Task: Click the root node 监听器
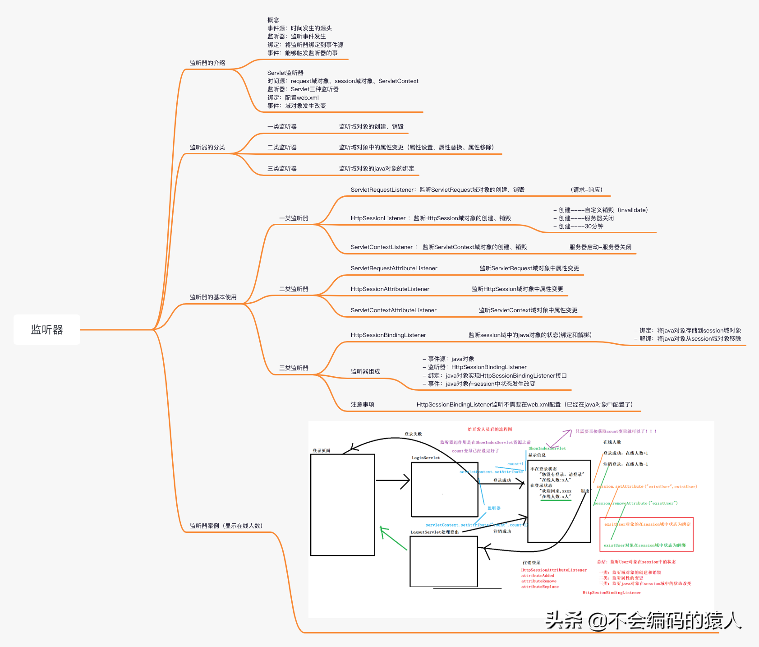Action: pyautogui.click(x=47, y=330)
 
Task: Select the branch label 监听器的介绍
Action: pyautogui.click(x=207, y=63)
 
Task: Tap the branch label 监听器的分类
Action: pyautogui.click(x=207, y=148)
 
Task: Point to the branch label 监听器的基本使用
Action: pyautogui.click(x=213, y=297)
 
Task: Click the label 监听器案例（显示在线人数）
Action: pyautogui.click(x=226, y=526)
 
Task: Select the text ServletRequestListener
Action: pyautogui.click(x=382, y=190)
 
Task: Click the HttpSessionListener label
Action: pyautogui.click(x=378, y=218)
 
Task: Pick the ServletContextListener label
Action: pyautogui.click(x=382, y=247)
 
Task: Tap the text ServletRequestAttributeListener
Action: pyautogui.click(x=394, y=268)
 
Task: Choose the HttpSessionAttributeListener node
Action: pyautogui.click(x=390, y=289)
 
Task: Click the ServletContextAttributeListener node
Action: pyautogui.click(x=393, y=310)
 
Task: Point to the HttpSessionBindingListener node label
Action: pyautogui.click(x=388, y=335)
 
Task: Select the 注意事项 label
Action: pyautogui.click(x=363, y=405)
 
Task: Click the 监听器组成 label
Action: pyautogui.click(x=365, y=372)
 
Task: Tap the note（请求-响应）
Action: pyautogui.click(x=586, y=190)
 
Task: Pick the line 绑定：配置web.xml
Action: pyautogui.click(x=293, y=98)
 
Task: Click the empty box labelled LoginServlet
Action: pyautogui.click(x=444, y=490)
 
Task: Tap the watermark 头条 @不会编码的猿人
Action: pyautogui.click(x=644, y=621)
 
